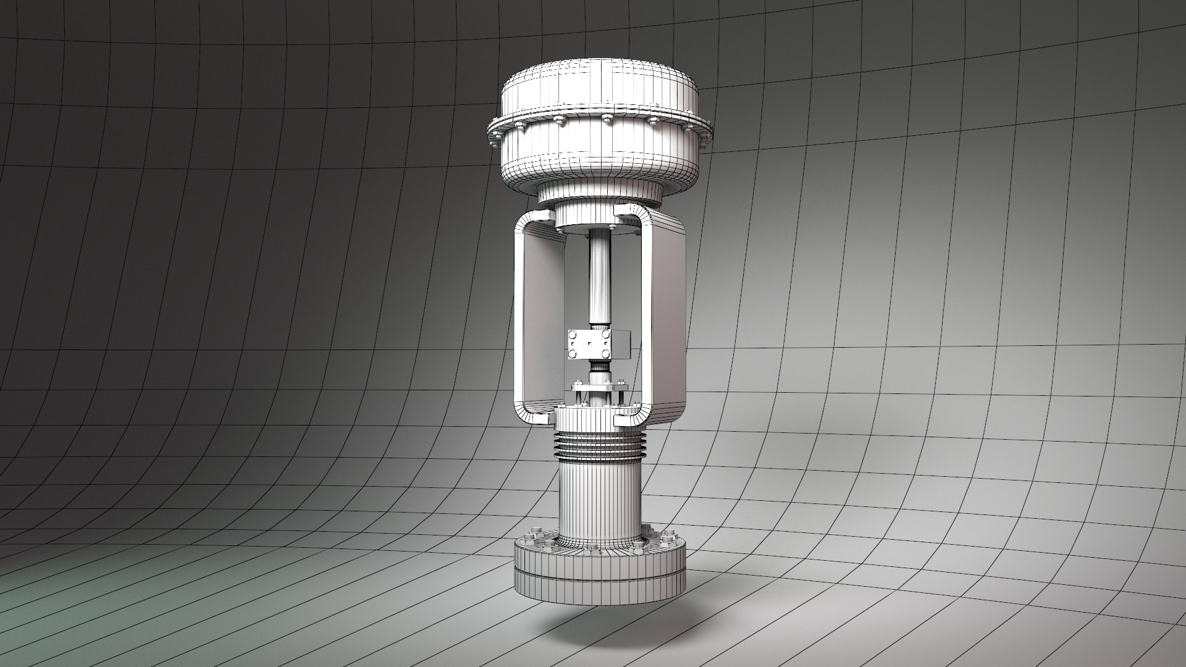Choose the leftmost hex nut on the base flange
click(532, 532)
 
